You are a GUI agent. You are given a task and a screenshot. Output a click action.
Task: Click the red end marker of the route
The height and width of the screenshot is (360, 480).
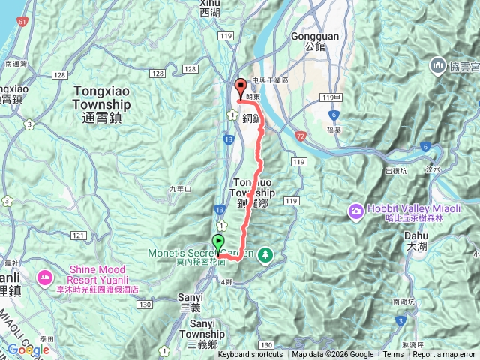point(241,86)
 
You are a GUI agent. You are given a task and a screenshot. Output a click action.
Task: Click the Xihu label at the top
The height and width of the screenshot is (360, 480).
point(211,8)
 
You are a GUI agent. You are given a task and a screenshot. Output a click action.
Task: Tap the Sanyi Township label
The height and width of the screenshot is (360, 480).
point(202,338)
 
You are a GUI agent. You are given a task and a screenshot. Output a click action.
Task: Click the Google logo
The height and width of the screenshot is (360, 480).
point(28,349)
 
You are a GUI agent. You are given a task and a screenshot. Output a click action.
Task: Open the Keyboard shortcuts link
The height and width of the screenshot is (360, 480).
point(250,355)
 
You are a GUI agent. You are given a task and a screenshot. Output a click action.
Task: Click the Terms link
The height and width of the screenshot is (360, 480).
point(393,355)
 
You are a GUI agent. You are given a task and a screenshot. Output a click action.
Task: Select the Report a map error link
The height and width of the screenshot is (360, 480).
point(445,355)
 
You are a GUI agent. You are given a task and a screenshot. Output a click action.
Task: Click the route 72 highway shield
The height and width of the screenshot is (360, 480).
point(301,136)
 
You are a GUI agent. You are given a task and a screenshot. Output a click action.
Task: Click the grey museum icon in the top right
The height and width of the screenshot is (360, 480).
point(437,67)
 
